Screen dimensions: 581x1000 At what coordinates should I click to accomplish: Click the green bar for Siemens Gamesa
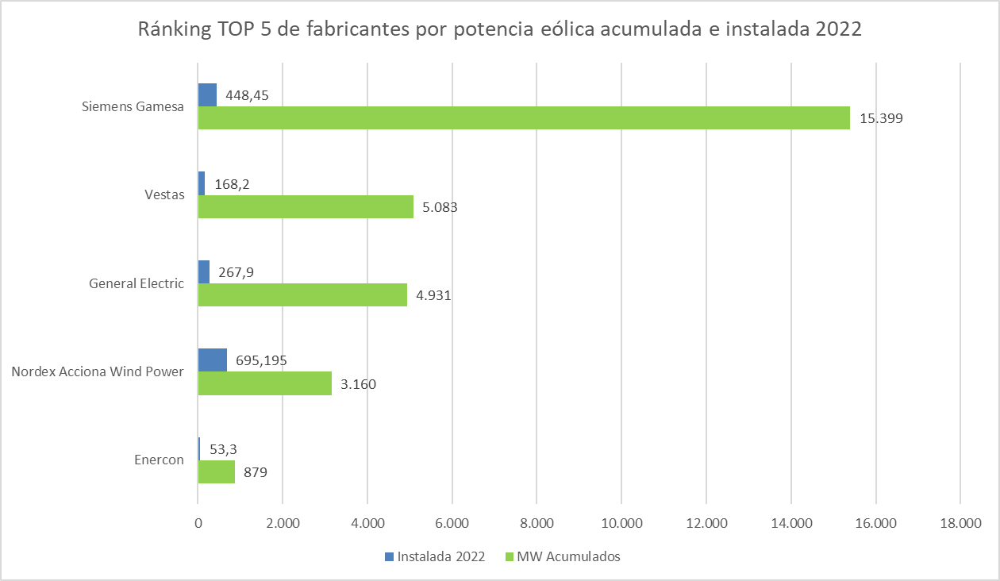pyautogui.click(x=524, y=118)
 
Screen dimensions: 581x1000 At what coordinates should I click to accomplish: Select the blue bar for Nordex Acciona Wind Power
pyautogui.click(x=212, y=360)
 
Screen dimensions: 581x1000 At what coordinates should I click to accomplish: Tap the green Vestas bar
pyautogui.click(x=306, y=207)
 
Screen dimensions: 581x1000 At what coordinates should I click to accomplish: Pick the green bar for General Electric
pyautogui.click(x=302, y=295)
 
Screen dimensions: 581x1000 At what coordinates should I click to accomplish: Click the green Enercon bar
pyautogui.click(x=216, y=472)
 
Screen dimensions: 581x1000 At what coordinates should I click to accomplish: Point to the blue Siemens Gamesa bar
pyautogui.click(x=207, y=95)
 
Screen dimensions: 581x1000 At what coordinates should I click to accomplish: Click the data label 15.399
pyautogui.click(x=882, y=119)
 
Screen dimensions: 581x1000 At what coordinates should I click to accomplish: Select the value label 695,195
pyautogui.click(x=261, y=360)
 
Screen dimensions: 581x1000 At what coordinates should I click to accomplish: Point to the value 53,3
pyautogui.click(x=224, y=449)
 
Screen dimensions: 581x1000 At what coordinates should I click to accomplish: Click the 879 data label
pyautogui.click(x=256, y=473)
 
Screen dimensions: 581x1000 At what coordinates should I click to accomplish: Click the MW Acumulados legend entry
pyautogui.click(x=568, y=556)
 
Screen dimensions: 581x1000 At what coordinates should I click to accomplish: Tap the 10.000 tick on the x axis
pyautogui.click(x=621, y=523)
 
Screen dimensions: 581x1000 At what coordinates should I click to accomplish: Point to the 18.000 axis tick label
pyautogui.click(x=960, y=523)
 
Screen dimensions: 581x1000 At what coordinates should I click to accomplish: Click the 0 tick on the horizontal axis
pyautogui.click(x=198, y=523)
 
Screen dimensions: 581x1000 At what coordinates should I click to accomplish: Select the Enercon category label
pyautogui.click(x=159, y=460)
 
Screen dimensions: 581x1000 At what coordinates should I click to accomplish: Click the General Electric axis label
pyautogui.click(x=137, y=283)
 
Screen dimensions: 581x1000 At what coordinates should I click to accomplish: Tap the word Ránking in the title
pyautogui.click(x=174, y=31)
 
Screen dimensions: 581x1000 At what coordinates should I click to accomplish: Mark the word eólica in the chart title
pyautogui.click(x=560, y=31)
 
